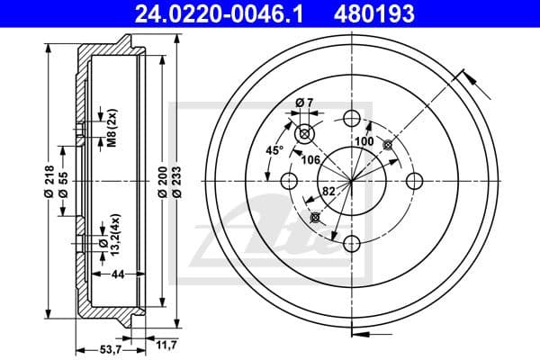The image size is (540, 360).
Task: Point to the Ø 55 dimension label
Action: coord(63,181)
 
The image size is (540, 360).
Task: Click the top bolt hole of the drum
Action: coord(351,117)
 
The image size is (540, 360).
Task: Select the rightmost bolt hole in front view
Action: coord(414,180)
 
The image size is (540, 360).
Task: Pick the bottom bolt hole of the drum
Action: coord(351,242)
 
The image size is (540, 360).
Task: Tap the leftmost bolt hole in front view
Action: coord(289,180)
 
